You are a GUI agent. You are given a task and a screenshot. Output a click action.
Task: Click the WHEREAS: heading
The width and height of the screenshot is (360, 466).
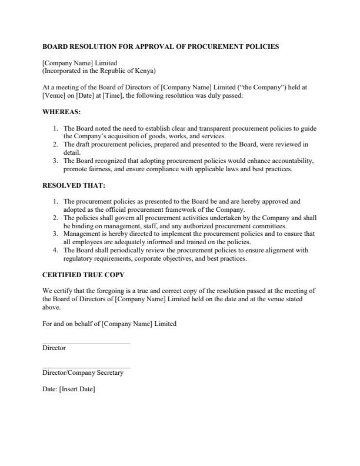coord(62,112)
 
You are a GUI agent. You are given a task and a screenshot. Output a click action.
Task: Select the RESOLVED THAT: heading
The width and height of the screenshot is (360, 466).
coord(74,185)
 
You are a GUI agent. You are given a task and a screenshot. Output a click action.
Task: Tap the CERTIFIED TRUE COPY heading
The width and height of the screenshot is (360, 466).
coord(83,275)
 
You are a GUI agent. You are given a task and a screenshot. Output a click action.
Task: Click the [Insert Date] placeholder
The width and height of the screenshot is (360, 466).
coord(76,389)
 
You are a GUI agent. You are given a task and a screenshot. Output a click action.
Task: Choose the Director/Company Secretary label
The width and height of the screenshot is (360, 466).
coord(83,373)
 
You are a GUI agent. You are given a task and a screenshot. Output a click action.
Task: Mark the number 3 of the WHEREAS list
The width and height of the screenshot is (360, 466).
coord(55,161)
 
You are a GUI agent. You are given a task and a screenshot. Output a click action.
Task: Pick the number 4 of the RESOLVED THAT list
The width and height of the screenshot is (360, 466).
coord(55,250)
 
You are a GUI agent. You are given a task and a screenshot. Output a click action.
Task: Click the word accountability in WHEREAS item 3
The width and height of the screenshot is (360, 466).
coord(294,161)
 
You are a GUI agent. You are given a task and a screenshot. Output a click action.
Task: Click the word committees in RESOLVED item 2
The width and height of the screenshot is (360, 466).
coord(269,225)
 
